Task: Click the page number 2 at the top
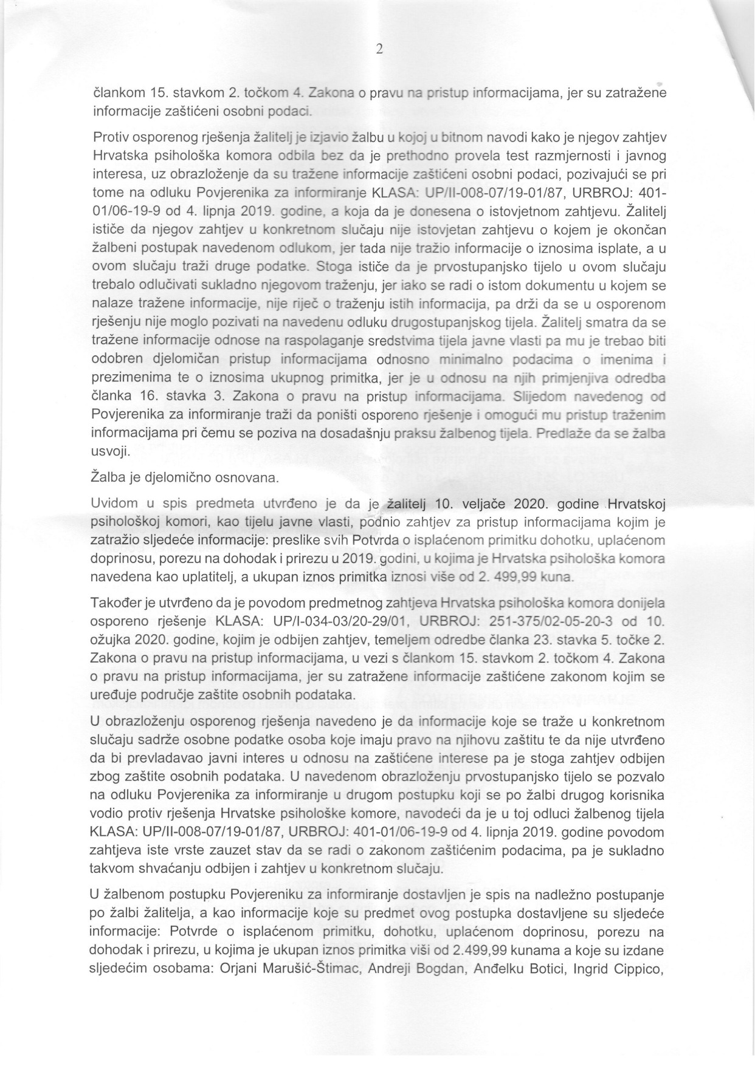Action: click(379, 50)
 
